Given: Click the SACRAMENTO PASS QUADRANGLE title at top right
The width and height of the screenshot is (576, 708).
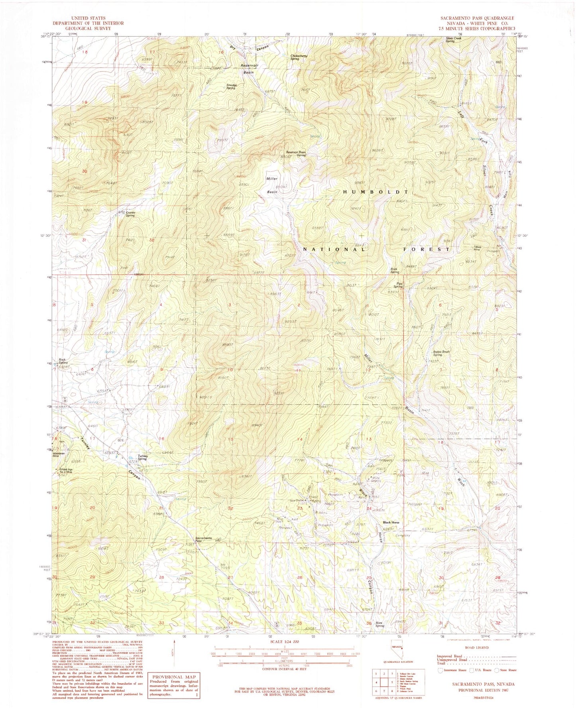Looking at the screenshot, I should click(477, 18).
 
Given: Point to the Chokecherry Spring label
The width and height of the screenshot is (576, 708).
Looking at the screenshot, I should click(300, 57).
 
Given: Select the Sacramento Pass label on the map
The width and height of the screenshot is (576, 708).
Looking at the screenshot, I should click(204, 539).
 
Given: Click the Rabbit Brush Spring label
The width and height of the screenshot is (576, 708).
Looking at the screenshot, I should click(441, 353).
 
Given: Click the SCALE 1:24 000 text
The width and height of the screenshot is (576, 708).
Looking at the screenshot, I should click(284, 641).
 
